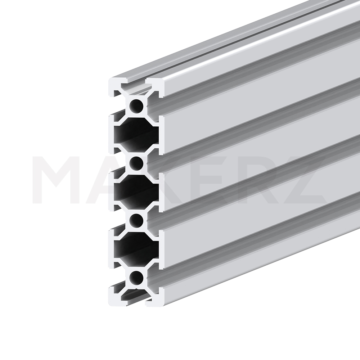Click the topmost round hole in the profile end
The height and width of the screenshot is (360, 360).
point(136,106)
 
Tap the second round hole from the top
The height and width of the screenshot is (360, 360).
point(136,163)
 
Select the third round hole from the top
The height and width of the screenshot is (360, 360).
point(136,221)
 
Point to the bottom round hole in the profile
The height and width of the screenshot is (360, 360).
point(136,278)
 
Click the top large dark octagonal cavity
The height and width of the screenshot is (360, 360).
point(136,135)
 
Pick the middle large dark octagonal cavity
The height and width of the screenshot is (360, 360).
point(136,192)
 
